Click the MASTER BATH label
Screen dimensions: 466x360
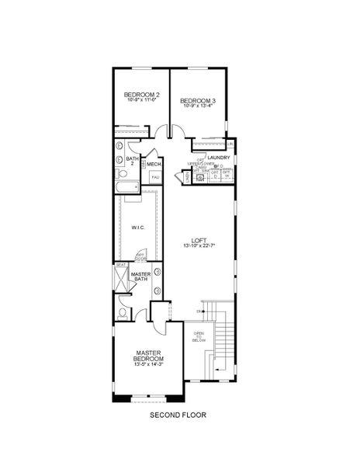(140, 277)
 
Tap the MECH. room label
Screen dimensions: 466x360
(154, 164)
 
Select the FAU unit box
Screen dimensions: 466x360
(154, 178)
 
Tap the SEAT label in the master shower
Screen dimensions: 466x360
(120, 264)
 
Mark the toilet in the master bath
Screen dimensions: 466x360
(124, 314)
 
